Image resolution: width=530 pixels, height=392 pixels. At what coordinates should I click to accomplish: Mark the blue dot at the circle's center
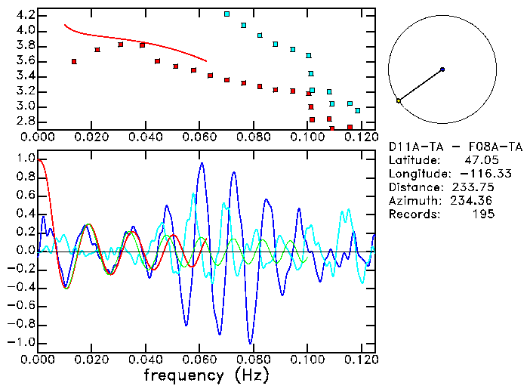(442, 69)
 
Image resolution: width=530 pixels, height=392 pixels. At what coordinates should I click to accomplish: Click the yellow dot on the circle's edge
(399, 100)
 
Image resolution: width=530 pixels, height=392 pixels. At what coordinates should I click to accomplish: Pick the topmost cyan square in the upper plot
(226, 14)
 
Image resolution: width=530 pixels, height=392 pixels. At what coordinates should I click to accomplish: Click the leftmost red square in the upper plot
(74, 61)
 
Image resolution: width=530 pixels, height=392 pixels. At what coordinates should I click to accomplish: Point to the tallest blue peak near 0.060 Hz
(202, 163)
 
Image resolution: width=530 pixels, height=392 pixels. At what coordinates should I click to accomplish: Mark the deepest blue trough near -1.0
(250, 342)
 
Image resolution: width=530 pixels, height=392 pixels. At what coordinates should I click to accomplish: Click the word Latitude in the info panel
(413, 160)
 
